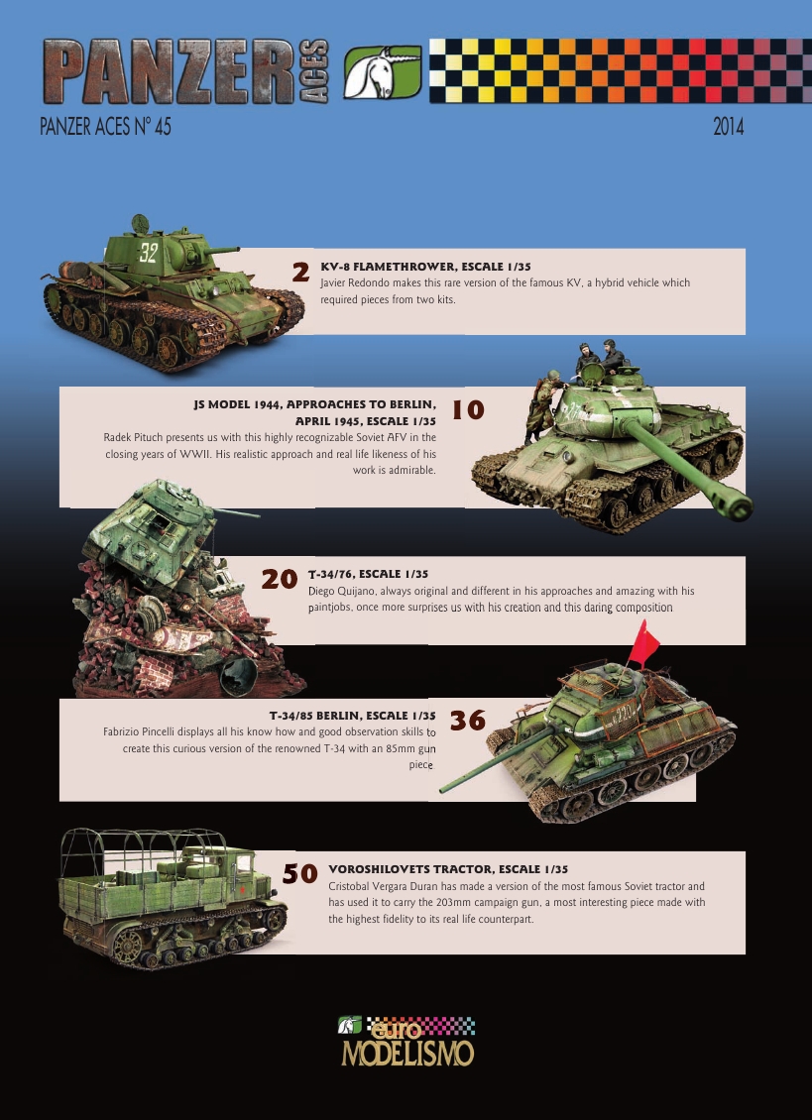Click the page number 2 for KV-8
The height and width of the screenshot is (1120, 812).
(301, 271)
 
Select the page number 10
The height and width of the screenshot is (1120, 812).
(468, 409)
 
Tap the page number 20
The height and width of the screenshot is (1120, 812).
(279, 580)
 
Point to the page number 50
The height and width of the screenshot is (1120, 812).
(299, 873)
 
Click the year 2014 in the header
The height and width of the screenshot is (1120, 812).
(729, 128)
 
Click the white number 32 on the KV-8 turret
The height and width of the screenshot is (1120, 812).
(148, 252)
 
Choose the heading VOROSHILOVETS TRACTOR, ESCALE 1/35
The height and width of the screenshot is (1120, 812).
(447, 868)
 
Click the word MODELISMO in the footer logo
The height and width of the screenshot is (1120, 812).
(406, 1053)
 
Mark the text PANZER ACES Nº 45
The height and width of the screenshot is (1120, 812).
(105, 128)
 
